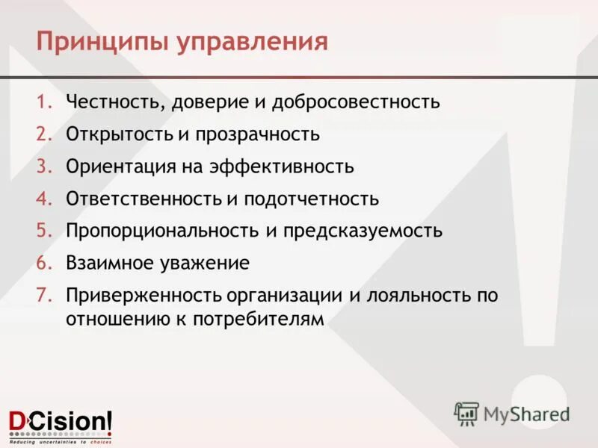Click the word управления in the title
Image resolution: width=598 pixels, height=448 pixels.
(252, 41)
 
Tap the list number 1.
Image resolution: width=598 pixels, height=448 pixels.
(44, 102)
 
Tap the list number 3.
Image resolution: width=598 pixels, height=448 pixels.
(44, 167)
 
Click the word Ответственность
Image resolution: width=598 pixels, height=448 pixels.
(141, 199)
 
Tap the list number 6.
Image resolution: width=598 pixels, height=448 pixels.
(44, 264)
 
